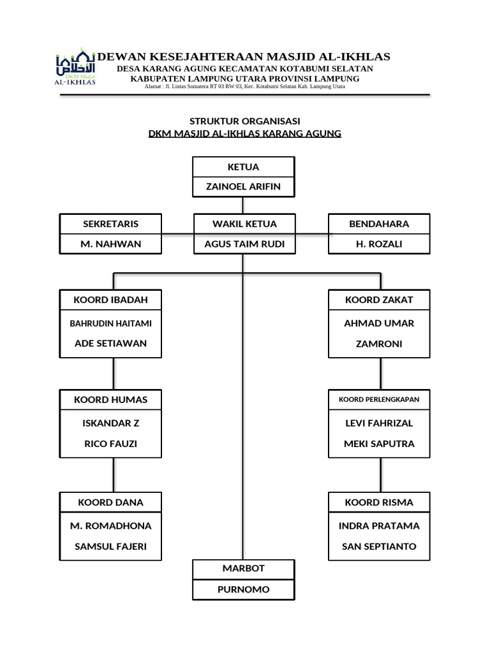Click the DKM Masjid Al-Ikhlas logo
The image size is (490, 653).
click(x=75, y=68)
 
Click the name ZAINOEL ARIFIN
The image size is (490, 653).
click(x=243, y=187)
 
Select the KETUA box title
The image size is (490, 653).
click(x=243, y=167)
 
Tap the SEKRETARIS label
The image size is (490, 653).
click(x=110, y=224)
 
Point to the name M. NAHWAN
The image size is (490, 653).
click(x=110, y=244)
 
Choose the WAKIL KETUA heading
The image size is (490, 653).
click(x=244, y=224)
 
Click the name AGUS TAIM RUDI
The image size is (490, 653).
click(x=244, y=244)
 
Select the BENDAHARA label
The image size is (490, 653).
click(x=379, y=224)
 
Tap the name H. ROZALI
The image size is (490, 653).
click(x=379, y=244)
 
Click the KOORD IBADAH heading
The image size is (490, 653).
click(x=110, y=300)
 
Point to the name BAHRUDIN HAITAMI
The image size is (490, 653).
click(x=110, y=323)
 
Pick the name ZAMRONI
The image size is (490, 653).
click(x=379, y=344)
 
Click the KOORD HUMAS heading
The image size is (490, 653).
click(x=110, y=400)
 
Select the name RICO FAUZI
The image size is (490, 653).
click(x=110, y=444)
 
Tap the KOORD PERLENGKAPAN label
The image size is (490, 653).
click(x=379, y=400)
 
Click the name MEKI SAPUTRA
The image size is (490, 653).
click(x=379, y=444)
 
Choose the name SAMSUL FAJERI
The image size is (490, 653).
click(x=110, y=547)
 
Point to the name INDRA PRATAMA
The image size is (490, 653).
click(x=379, y=526)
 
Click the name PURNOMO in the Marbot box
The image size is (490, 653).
click(x=243, y=590)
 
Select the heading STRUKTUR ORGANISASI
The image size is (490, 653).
click(x=244, y=121)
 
